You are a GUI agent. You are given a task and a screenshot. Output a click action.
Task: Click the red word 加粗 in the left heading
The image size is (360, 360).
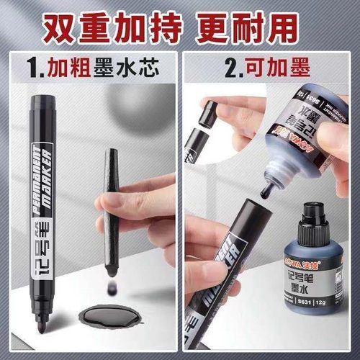pos(71,68)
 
